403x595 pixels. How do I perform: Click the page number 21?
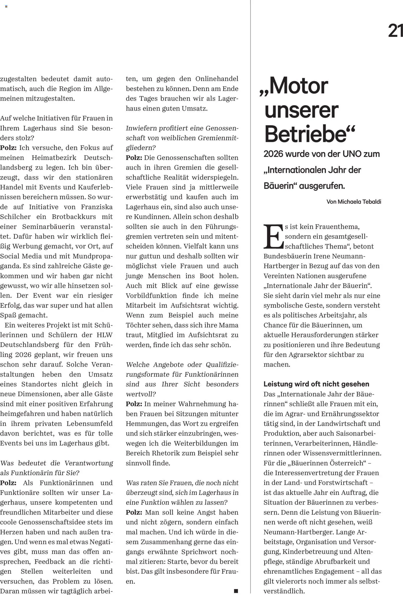tap(395, 31)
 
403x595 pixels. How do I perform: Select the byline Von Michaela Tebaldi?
tap(354, 202)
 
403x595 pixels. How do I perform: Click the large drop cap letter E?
tap(273, 236)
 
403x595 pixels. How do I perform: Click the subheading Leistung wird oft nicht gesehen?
tap(316, 384)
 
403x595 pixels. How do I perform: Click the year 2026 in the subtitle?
tap(273, 154)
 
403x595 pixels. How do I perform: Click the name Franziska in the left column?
tap(97, 207)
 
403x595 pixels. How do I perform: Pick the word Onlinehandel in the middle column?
tap(217, 79)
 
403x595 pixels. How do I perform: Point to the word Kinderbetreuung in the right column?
tap(311, 552)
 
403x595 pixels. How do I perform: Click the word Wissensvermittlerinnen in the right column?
tap(342, 453)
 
